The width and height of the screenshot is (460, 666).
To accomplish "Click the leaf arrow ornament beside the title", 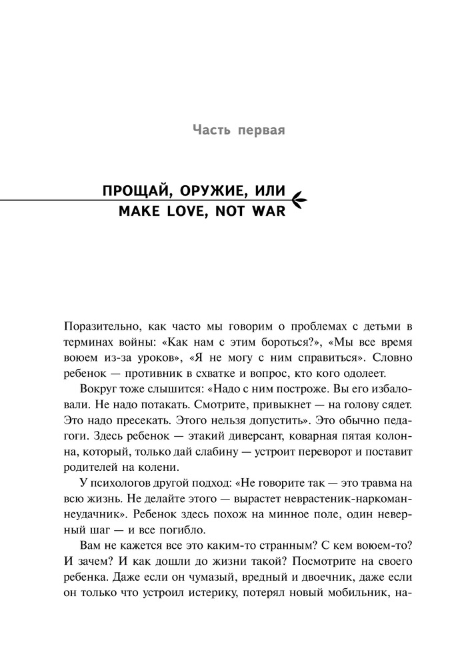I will (x=297, y=198).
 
